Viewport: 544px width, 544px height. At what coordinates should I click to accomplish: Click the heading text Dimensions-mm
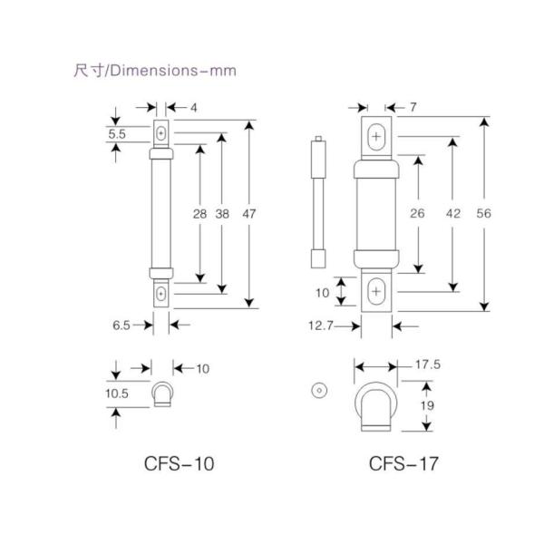point(154,70)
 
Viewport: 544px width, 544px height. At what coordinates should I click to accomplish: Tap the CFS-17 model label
point(403,465)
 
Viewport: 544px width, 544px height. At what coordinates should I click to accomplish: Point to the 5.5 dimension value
point(117,133)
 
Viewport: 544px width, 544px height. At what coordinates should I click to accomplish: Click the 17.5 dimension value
point(427,366)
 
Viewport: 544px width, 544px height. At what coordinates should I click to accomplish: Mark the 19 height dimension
point(427,407)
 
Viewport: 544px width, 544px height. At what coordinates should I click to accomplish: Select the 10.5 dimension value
point(117,394)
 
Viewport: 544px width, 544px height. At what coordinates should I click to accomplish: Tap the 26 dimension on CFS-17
point(418,215)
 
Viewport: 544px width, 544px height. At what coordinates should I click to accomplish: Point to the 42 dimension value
point(454,215)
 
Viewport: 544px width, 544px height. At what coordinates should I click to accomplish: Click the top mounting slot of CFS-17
point(377,136)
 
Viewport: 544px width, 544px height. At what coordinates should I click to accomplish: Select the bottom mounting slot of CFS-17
point(377,291)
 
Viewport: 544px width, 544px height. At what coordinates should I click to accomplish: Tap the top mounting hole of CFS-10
point(160,134)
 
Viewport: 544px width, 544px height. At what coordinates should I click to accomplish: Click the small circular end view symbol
point(317,390)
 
